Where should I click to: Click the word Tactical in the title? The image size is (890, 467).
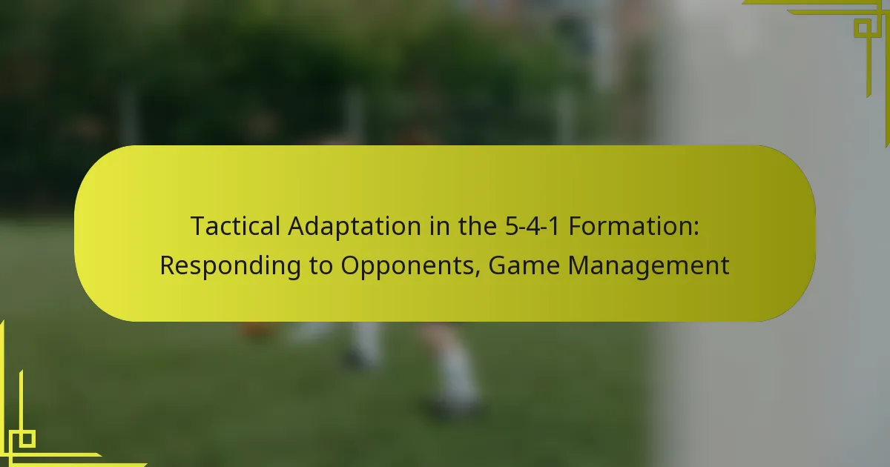pos(236,226)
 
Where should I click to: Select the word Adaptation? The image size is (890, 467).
pos(355,226)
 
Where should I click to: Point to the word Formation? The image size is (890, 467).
pos(630,226)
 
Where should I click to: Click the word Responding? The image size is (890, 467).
pos(231,265)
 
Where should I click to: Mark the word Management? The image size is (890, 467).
pos(648,265)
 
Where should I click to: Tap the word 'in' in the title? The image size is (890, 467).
pos(439,226)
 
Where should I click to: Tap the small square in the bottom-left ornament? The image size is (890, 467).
pos(27,439)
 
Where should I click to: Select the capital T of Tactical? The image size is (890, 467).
pos(199,226)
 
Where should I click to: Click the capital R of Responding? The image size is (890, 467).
pos(168,266)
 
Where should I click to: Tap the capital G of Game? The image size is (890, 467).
pos(497,266)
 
